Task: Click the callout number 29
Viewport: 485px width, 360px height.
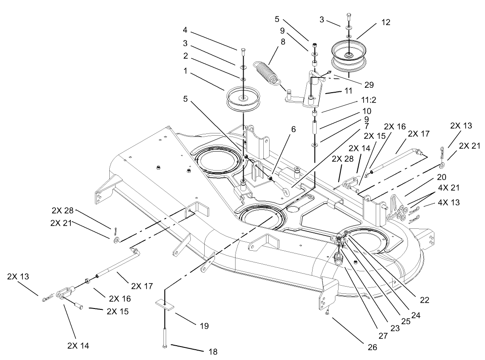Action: coord(369,84)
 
